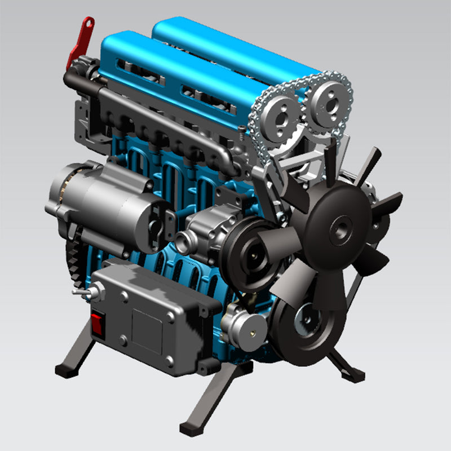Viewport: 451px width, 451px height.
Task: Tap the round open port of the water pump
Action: (x=183, y=244)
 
